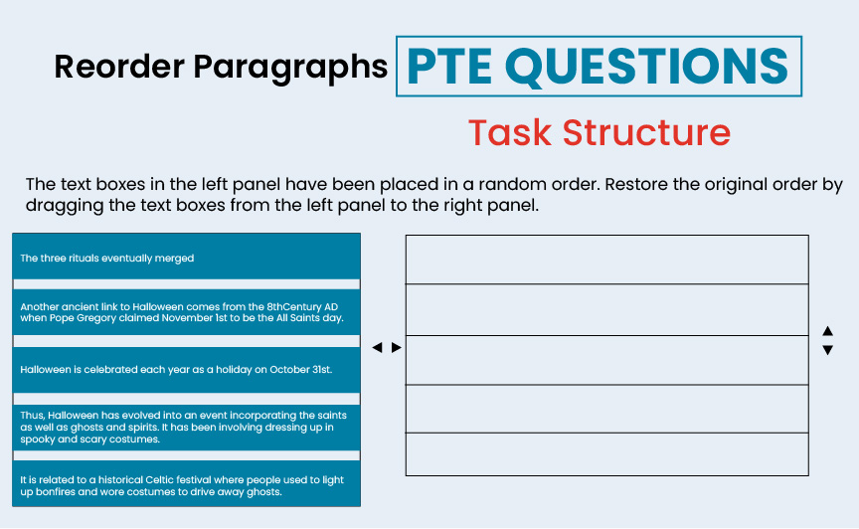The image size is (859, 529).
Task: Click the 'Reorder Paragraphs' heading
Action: pos(221,67)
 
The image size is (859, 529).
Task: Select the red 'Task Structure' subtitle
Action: pos(599,132)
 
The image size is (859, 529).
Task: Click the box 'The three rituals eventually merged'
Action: pos(186,258)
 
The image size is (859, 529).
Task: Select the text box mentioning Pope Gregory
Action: pos(186,312)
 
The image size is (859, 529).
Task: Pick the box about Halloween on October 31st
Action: pos(186,369)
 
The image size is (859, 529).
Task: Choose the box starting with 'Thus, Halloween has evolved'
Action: pos(186,427)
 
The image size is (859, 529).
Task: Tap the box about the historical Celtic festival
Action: pos(186,485)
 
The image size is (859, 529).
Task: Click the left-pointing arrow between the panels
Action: pos(377,348)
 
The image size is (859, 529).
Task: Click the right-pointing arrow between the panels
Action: pos(397,348)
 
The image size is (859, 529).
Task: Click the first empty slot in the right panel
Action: pos(606,260)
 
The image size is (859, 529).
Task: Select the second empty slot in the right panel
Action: pos(606,309)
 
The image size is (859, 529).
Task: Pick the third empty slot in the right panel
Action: pos(606,360)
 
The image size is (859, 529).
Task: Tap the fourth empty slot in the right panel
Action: pos(606,408)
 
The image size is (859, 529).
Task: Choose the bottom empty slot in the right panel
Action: pos(606,453)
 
